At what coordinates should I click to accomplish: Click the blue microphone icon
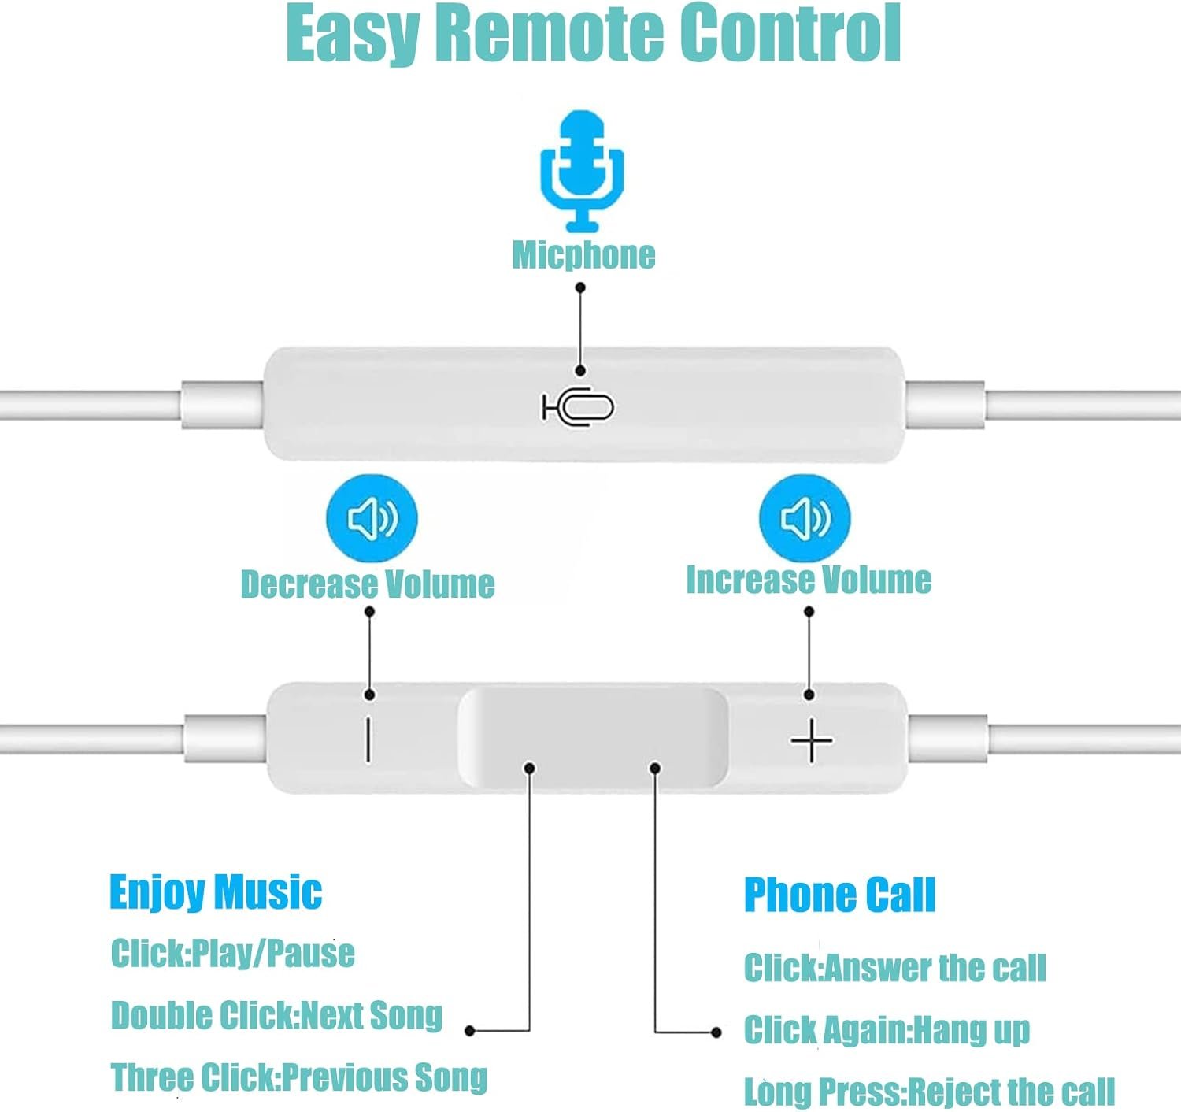click(582, 171)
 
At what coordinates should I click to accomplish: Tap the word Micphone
click(583, 255)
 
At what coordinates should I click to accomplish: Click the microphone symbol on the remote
click(579, 407)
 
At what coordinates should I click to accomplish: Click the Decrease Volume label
click(368, 584)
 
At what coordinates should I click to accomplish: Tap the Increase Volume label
click(809, 580)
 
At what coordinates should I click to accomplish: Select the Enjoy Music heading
click(216, 892)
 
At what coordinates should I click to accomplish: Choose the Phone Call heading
click(839, 895)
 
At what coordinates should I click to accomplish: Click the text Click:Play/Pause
click(232, 953)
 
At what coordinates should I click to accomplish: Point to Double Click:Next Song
click(276, 1015)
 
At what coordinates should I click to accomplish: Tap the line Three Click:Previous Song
click(298, 1077)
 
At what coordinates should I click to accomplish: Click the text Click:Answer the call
click(894, 968)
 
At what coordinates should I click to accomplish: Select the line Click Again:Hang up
click(887, 1030)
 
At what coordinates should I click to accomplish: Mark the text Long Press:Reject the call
click(929, 1092)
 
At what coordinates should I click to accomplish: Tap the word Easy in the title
click(352, 35)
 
